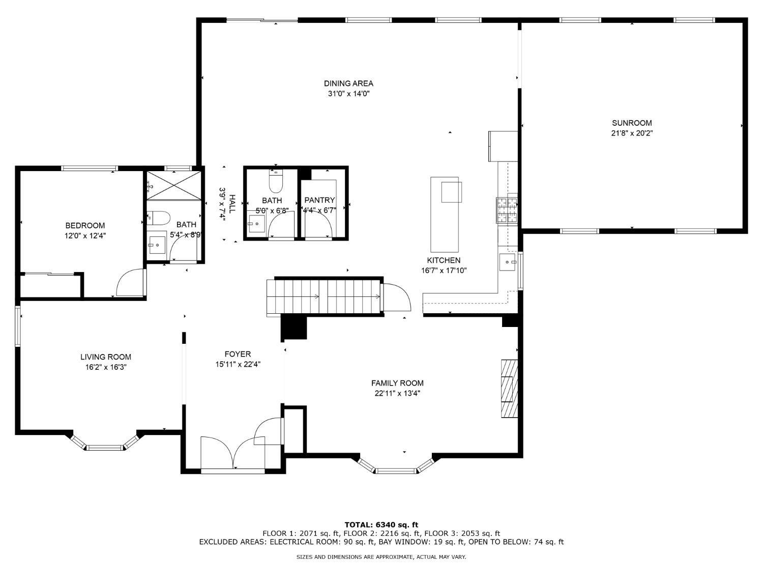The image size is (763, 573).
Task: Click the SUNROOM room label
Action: pyautogui.click(x=632, y=123)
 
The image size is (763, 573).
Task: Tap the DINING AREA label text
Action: pyautogui.click(x=348, y=84)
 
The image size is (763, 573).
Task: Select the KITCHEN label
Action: pyautogui.click(x=444, y=260)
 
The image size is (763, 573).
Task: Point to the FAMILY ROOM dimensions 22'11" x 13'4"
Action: pyautogui.click(x=397, y=394)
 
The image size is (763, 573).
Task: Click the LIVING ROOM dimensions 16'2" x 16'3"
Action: pyautogui.click(x=106, y=367)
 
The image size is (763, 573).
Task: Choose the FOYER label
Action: pyautogui.click(x=238, y=354)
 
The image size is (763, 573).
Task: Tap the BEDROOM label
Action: pyautogui.click(x=85, y=226)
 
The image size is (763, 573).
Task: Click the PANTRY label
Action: pyautogui.click(x=319, y=200)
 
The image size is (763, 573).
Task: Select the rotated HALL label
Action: pyautogui.click(x=232, y=204)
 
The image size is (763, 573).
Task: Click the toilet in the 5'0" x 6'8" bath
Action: pyautogui.click(x=276, y=181)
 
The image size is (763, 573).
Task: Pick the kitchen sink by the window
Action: pyautogui.click(x=507, y=262)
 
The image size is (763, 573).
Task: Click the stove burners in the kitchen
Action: pyautogui.click(x=507, y=210)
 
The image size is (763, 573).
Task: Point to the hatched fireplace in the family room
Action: pyautogui.click(x=509, y=388)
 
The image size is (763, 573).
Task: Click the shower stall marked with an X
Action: pyautogui.click(x=174, y=185)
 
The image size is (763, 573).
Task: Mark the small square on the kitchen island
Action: pyautogui.click(x=452, y=192)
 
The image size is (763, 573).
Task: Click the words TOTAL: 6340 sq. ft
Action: pyautogui.click(x=382, y=525)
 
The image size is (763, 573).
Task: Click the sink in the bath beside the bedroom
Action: pyautogui.click(x=157, y=245)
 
